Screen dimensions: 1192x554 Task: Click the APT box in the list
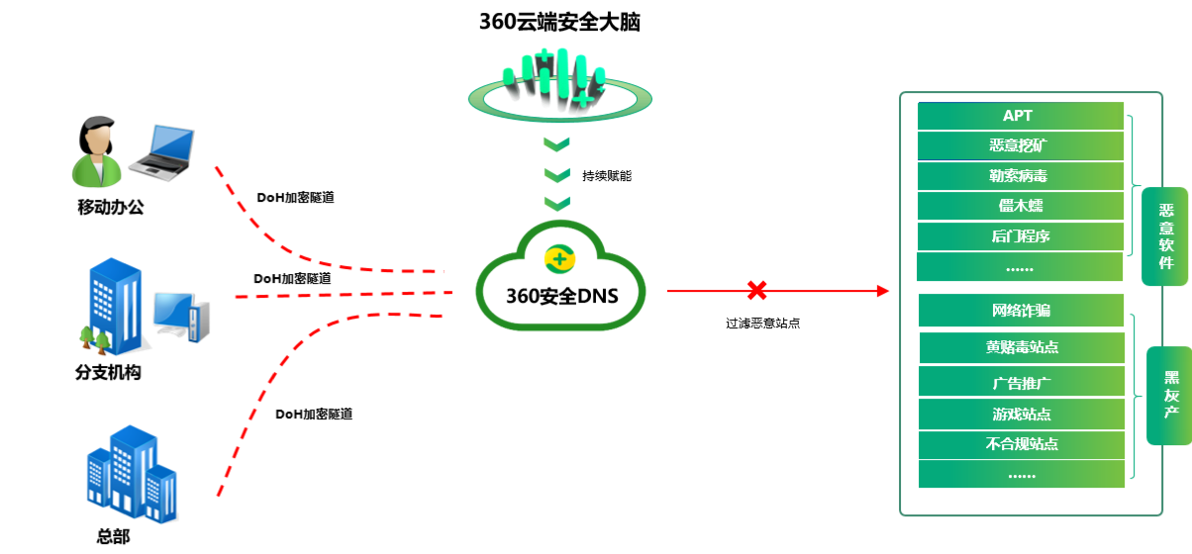(x=1020, y=116)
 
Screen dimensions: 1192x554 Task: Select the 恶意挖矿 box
(x=1020, y=145)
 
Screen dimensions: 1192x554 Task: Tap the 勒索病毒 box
(x=1020, y=176)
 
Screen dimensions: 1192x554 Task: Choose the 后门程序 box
(x=1020, y=236)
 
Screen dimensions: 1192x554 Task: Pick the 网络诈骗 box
(x=1021, y=310)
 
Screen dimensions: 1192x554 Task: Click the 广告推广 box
(x=1022, y=382)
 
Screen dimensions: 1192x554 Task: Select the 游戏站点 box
(x=1022, y=414)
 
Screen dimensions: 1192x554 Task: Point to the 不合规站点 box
(x=1022, y=444)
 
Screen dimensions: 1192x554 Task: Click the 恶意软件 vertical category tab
(x=1165, y=236)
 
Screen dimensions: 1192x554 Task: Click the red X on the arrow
(x=756, y=290)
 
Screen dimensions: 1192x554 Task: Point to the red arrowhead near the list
(x=883, y=291)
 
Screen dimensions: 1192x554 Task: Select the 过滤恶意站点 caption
(x=762, y=323)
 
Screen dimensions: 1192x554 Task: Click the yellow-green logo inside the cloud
(x=559, y=259)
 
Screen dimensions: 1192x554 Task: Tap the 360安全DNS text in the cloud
(x=562, y=296)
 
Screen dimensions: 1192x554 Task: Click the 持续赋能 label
(x=607, y=176)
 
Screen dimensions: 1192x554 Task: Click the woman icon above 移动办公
(x=96, y=152)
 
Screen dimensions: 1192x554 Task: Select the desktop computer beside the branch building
(x=181, y=317)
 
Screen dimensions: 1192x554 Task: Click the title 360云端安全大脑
(x=559, y=22)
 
